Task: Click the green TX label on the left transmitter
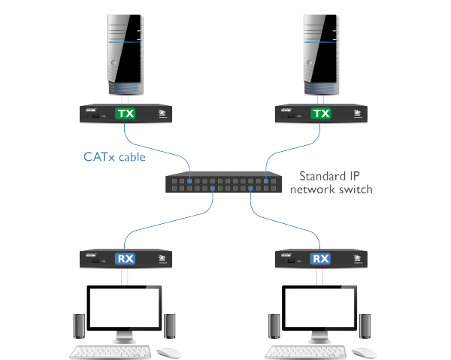(125, 114)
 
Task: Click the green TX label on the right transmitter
(320, 114)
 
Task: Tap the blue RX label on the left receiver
(125, 259)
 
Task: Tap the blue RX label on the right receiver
(320, 259)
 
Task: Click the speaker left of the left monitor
(79, 325)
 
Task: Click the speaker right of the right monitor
(365, 325)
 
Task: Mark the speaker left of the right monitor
(274, 325)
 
